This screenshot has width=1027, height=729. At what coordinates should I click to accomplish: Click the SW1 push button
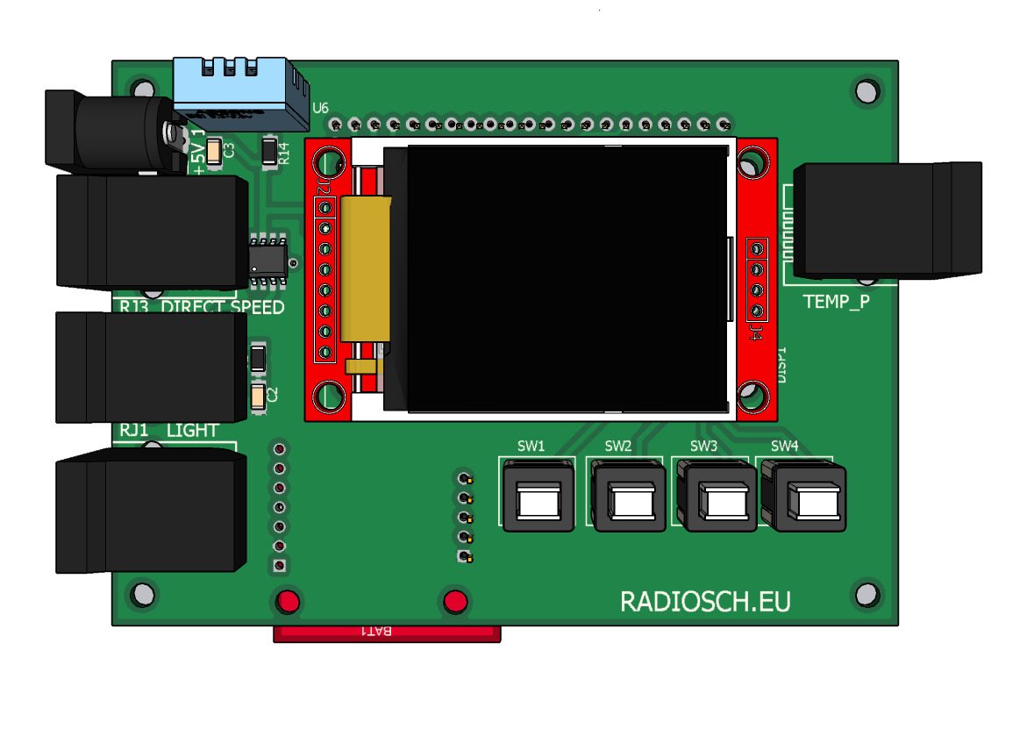click(x=538, y=501)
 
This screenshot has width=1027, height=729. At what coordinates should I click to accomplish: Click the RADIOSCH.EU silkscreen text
click(x=705, y=602)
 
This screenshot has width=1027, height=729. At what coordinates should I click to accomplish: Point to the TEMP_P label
click(x=837, y=302)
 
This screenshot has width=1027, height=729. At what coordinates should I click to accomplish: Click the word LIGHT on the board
click(x=193, y=431)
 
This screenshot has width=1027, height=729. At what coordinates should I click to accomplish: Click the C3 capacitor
click(x=215, y=151)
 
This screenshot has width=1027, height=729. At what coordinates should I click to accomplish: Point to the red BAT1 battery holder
click(x=387, y=633)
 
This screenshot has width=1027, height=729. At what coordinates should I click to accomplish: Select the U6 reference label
click(x=320, y=108)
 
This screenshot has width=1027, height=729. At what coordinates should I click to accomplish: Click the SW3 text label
click(x=703, y=446)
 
